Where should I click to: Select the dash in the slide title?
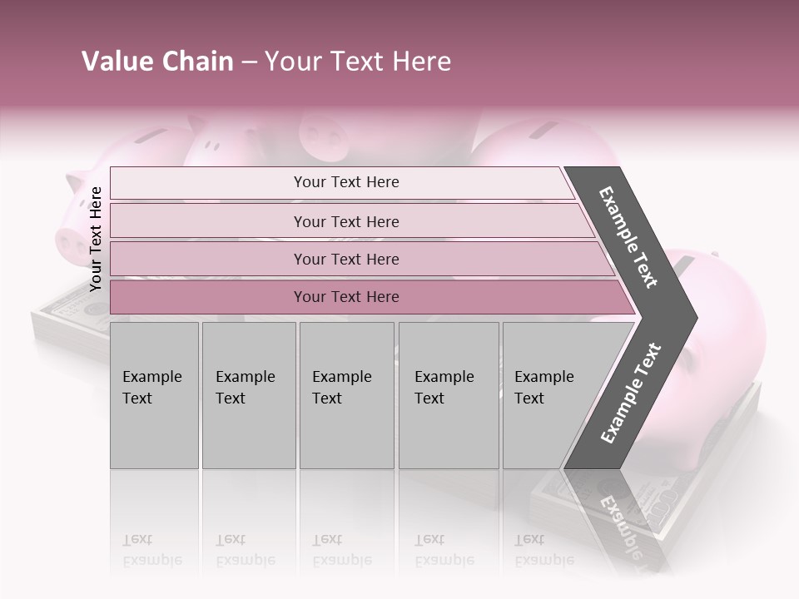coord(248,62)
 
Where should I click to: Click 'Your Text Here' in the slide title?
coord(357,62)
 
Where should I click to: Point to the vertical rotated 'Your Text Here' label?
coord(96,239)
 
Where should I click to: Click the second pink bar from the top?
coord(346,221)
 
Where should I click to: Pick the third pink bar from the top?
coord(346,259)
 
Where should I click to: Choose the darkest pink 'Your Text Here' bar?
coord(346,297)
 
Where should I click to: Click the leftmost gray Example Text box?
coord(154,395)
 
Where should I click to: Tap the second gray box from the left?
coord(249,395)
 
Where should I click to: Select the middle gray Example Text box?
coord(346,395)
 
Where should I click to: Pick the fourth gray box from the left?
coord(449,395)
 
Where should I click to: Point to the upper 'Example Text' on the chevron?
coord(628,237)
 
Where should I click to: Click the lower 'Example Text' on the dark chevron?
coord(631,394)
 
